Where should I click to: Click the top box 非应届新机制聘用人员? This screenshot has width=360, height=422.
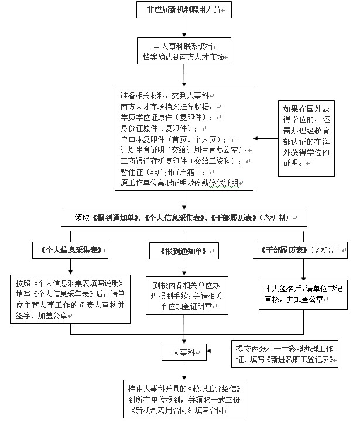[184, 9]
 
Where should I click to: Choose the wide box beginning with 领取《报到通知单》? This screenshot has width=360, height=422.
[184, 218]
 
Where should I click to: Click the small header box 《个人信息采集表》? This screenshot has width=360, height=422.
[71, 251]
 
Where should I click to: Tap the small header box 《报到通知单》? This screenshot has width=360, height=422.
[184, 251]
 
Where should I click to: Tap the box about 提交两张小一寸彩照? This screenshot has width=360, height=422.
[283, 354]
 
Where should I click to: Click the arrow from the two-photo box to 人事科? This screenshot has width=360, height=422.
[216, 352]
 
